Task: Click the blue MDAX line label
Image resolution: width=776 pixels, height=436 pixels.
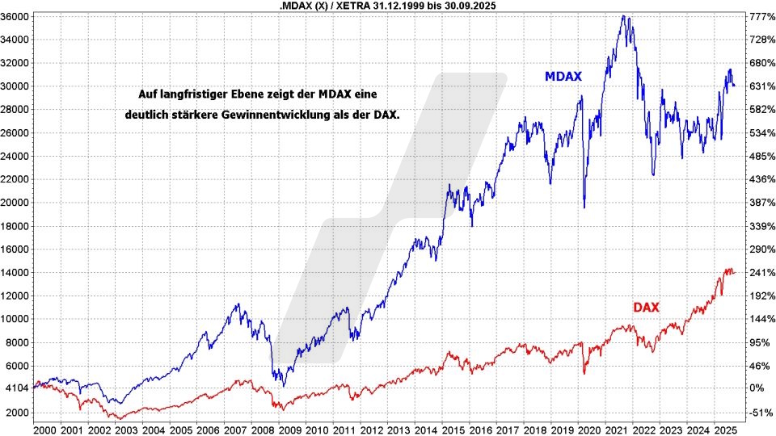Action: pyautogui.click(x=563, y=77)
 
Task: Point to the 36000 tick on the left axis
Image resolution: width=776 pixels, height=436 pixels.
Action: pyautogui.click(x=16, y=16)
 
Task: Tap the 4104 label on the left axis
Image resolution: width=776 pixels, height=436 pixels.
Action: pyautogui.click(x=17, y=388)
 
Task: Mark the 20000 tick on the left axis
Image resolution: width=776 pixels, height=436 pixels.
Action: pyautogui.click(x=16, y=203)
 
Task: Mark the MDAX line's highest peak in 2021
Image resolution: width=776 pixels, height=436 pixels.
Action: pyautogui.click(x=622, y=16)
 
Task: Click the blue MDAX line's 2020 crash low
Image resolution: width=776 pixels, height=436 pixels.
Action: pyautogui.click(x=584, y=207)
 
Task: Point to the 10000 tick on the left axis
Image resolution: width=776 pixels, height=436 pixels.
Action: pyautogui.click(x=16, y=319)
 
